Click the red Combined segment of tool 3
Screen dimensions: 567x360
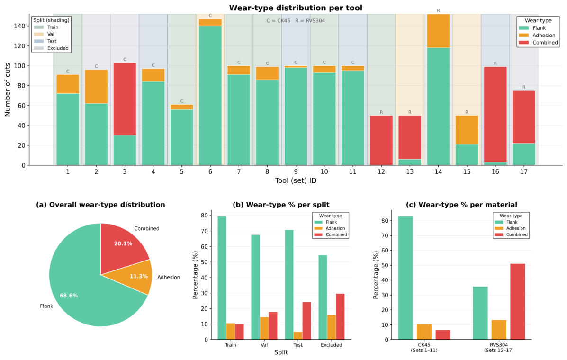(125, 99)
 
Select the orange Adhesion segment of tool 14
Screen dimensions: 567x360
(438, 31)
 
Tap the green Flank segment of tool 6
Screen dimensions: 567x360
(210, 95)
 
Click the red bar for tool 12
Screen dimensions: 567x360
(381, 140)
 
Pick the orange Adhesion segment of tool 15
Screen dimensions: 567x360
(467, 130)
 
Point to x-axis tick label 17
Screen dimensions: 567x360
(524, 171)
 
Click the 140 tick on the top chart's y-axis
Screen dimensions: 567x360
(19, 26)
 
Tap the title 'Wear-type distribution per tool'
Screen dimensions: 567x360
(296, 8)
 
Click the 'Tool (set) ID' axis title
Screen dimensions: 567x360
(296, 180)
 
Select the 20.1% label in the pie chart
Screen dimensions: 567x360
(123, 243)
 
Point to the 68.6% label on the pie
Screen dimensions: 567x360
(69, 296)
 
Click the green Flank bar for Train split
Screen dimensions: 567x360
(222, 278)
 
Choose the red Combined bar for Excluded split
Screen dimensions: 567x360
(340, 316)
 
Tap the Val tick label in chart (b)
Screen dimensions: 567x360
(264, 345)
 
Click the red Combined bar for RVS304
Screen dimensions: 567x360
(517, 301)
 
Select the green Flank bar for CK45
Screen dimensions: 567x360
(405, 278)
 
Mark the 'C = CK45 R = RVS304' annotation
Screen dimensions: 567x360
(296, 20)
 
